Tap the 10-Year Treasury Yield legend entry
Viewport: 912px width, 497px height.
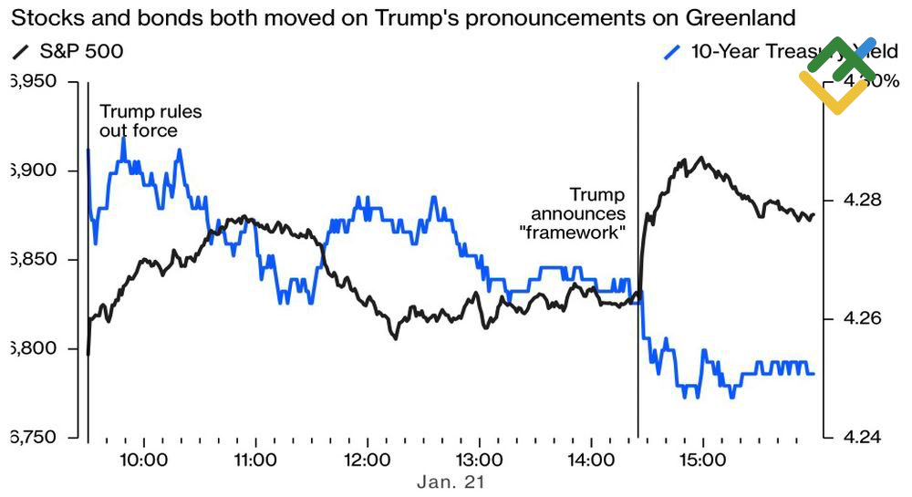(766, 53)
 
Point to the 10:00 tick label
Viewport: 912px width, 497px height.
(143, 457)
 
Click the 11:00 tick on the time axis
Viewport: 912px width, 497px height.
(255, 457)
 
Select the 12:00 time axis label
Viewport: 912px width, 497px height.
(367, 457)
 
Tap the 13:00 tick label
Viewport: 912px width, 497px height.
(479, 457)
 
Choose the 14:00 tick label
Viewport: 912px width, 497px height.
(590, 457)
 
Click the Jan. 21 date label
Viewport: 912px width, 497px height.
(451, 481)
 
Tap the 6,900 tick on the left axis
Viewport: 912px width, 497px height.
(32, 171)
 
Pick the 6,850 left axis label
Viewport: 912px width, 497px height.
(32, 260)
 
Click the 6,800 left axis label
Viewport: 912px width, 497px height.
(32, 348)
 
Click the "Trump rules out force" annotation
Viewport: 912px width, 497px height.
(150, 121)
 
